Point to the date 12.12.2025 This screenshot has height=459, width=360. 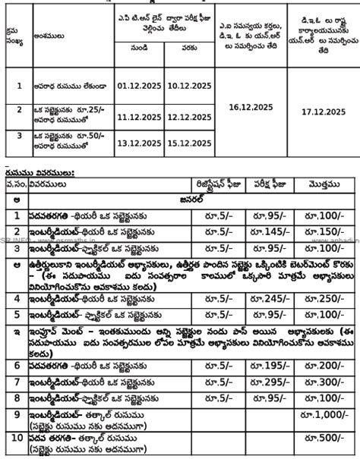coord(182,117)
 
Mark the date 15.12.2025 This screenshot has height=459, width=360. coord(182,141)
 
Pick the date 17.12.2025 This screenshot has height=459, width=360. coord(323,111)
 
